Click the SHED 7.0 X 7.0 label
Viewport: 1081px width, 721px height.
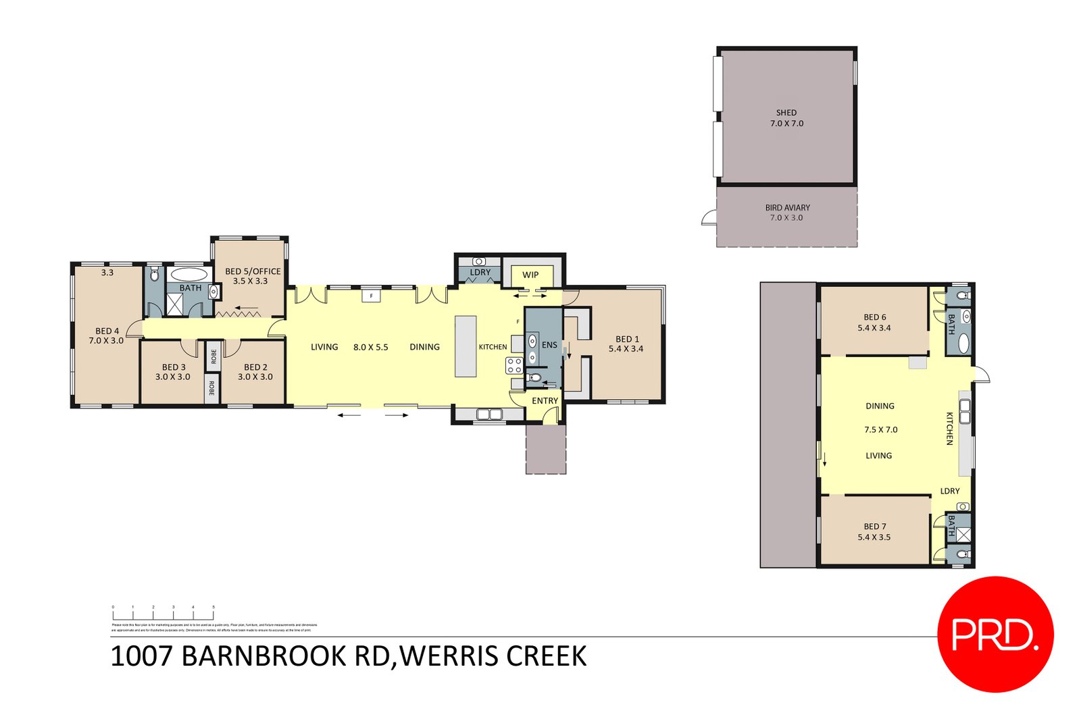coord(786,118)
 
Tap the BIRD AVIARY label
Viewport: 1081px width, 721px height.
coord(787,208)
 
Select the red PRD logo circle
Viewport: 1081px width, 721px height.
coord(995,634)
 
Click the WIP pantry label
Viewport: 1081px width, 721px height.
coord(530,275)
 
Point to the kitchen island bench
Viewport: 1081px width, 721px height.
coord(466,346)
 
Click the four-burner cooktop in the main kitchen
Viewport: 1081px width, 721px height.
coord(514,366)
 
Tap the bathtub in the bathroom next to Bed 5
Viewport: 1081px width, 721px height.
coord(188,274)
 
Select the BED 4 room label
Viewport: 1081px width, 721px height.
coord(107,336)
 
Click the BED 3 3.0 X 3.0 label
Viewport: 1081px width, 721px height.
coord(173,372)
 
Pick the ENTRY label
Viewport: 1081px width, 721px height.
coord(545,400)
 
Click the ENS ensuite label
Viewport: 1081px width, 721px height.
coord(549,345)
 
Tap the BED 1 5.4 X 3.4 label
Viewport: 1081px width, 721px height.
coord(626,344)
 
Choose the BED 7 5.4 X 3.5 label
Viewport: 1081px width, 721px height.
coord(874,532)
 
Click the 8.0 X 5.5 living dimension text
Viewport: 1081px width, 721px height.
coord(370,347)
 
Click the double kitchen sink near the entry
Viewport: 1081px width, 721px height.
coord(488,414)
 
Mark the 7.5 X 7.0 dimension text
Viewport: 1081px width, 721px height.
coord(880,429)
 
